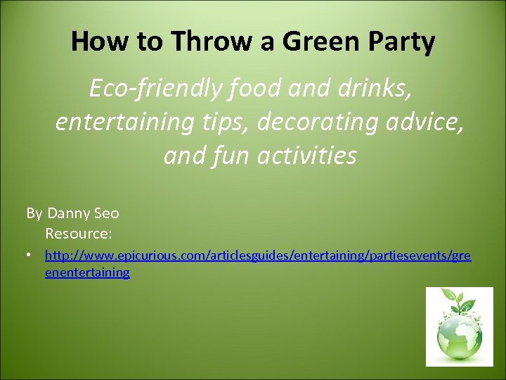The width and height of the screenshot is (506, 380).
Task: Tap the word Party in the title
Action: [400, 42]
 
